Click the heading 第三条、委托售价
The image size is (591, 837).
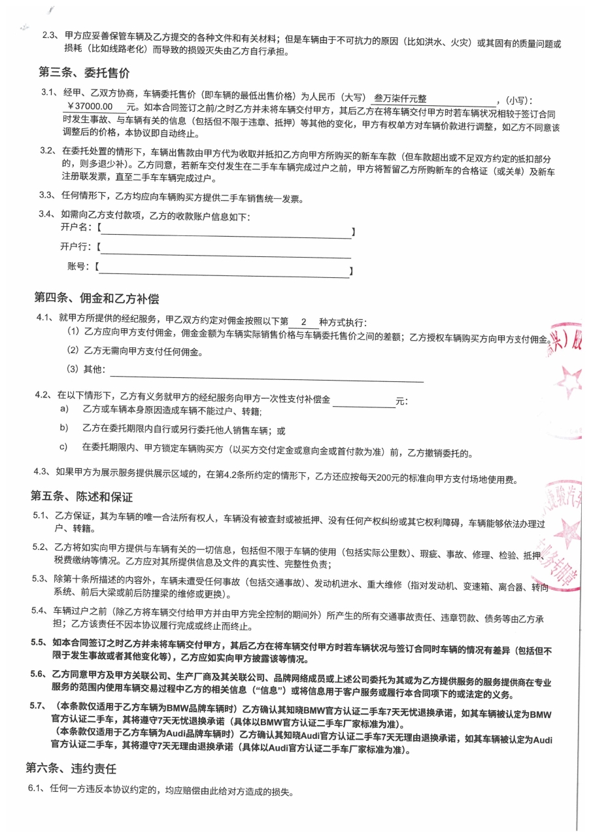tap(84, 73)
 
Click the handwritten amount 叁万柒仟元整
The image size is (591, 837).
tap(399, 99)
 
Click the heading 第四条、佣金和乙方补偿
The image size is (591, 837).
tap(97, 299)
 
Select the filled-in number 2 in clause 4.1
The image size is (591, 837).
tap(303, 322)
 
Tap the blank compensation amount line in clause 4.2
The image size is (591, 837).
tap(363, 400)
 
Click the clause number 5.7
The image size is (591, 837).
tap(38, 706)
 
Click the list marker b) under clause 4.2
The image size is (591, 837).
tap(64, 428)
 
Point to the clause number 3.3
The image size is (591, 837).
tap(46, 195)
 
